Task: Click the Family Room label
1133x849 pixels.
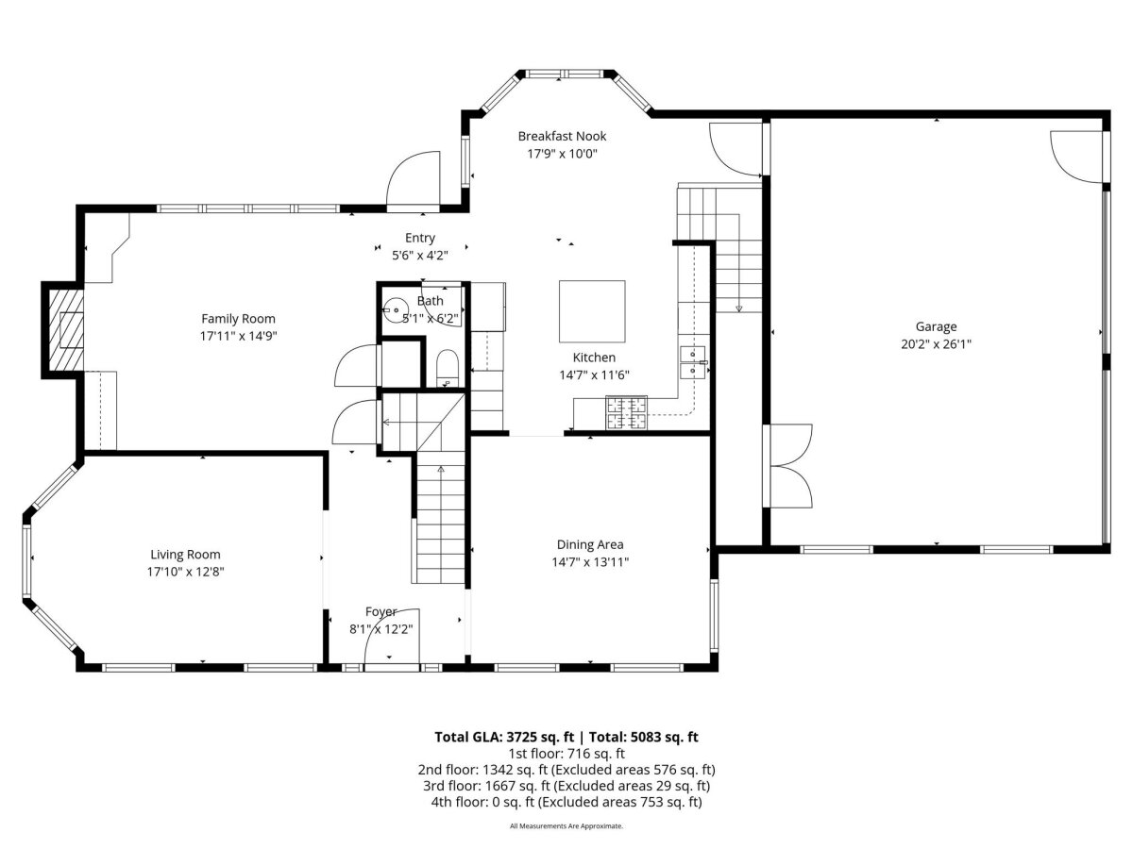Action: tap(238, 319)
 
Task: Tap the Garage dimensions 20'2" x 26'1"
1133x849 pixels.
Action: tap(936, 343)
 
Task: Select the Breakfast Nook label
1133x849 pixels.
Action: tap(562, 136)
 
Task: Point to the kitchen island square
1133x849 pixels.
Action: tap(592, 311)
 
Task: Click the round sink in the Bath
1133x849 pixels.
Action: tap(395, 309)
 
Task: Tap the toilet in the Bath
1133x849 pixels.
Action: tap(447, 368)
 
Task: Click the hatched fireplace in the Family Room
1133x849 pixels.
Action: tap(66, 330)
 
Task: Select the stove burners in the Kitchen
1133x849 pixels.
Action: tap(627, 412)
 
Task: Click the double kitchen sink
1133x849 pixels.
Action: tap(693, 363)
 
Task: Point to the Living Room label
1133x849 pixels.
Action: tap(185, 555)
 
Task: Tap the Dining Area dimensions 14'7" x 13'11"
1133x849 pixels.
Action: tap(590, 562)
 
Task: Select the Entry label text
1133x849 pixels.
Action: tap(419, 238)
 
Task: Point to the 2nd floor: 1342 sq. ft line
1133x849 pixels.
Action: tap(566, 770)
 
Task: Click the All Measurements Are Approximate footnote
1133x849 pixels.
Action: tap(566, 825)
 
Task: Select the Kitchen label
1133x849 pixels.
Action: tap(594, 358)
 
